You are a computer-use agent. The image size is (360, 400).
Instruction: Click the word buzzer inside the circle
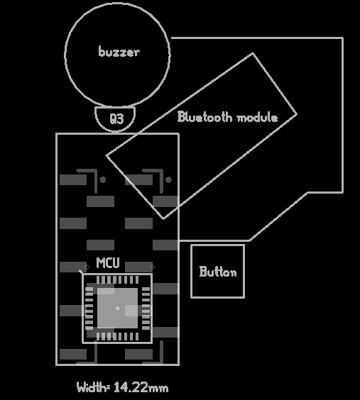click(x=119, y=52)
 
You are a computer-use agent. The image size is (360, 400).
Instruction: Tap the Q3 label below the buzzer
click(x=116, y=118)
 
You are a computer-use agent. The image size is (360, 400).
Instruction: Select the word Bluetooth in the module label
click(x=204, y=117)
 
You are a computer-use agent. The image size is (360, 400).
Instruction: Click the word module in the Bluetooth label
click(x=257, y=118)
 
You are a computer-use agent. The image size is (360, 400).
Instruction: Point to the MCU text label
click(x=108, y=262)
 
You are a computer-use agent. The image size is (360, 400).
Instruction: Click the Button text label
click(x=218, y=272)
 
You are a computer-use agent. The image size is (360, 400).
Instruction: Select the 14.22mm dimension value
click(x=141, y=387)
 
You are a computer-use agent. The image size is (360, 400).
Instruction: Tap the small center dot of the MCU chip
click(x=117, y=309)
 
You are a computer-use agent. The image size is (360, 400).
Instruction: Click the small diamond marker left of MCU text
click(x=87, y=267)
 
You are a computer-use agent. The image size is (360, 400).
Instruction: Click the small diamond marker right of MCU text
click(x=152, y=267)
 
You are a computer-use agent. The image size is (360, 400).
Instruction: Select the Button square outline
click(x=191, y=271)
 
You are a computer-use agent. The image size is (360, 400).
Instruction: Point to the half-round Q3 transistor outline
click(x=115, y=131)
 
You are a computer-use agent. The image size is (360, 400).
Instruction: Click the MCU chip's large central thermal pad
click(x=117, y=309)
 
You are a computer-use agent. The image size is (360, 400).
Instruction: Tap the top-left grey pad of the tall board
click(x=73, y=179)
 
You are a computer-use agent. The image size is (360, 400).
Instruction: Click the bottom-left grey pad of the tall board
click(x=73, y=354)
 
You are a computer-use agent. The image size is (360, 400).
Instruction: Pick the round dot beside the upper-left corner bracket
click(x=103, y=180)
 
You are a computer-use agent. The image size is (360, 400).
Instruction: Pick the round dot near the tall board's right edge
click(x=168, y=180)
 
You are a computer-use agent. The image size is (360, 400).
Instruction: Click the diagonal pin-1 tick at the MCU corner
click(x=81, y=272)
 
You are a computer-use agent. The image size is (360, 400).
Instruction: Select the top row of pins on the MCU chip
click(x=117, y=280)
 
